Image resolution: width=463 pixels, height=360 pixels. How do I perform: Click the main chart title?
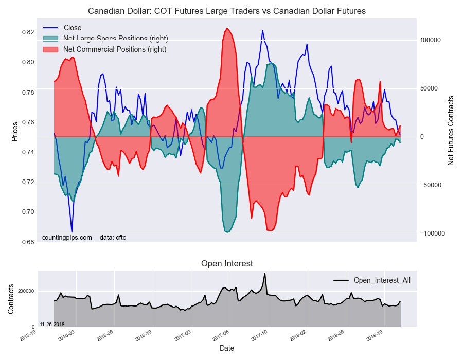(227, 11)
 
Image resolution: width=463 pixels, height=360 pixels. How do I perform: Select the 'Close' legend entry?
(72, 28)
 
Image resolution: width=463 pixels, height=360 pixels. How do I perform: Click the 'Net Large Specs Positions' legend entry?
(115, 39)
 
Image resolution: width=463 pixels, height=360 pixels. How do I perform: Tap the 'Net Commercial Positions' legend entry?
(114, 49)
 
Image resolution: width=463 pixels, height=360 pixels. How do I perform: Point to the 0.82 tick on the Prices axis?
(28, 32)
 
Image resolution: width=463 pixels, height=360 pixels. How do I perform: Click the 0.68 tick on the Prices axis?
(28, 242)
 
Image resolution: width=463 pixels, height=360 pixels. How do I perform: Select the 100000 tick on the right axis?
(431, 40)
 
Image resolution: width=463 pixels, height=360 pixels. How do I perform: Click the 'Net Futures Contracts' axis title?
(451, 130)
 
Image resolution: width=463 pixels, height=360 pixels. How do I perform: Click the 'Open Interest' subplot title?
(227, 263)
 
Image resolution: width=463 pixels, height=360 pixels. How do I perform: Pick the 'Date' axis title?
(227, 348)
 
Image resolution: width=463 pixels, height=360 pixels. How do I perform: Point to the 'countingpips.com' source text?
(67, 237)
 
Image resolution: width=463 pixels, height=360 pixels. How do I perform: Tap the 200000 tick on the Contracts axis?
(26, 291)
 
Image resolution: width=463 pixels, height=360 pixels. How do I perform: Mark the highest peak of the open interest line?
(264, 273)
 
